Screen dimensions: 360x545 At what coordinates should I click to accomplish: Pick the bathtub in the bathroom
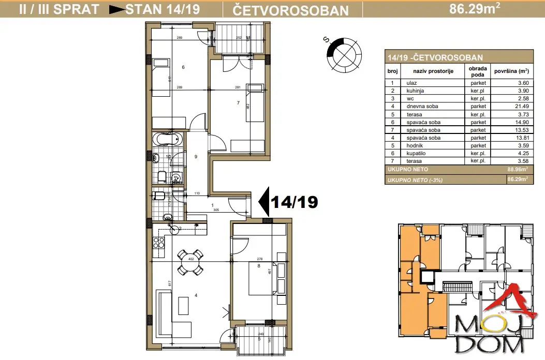[167, 139]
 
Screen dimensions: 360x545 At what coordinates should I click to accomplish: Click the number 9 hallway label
[196, 156]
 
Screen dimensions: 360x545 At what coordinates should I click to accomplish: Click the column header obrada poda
[478, 71]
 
